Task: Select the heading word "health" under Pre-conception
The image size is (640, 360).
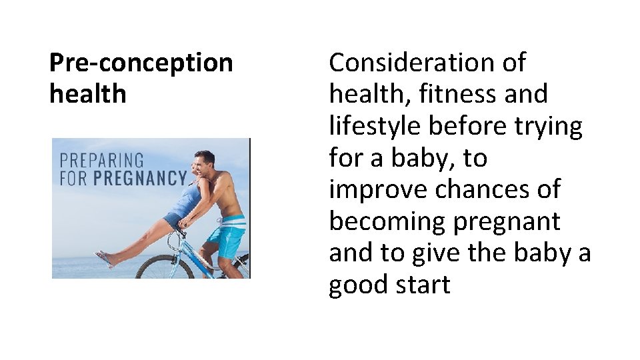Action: click(x=87, y=94)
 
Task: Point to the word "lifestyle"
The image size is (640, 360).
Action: click(x=383, y=126)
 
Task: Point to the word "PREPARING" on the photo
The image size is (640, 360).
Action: click(x=102, y=161)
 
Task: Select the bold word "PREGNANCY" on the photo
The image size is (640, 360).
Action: click(x=140, y=178)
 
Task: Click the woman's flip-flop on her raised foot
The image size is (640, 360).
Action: click(x=103, y=257)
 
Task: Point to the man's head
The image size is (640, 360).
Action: click(x=206, y=159)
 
